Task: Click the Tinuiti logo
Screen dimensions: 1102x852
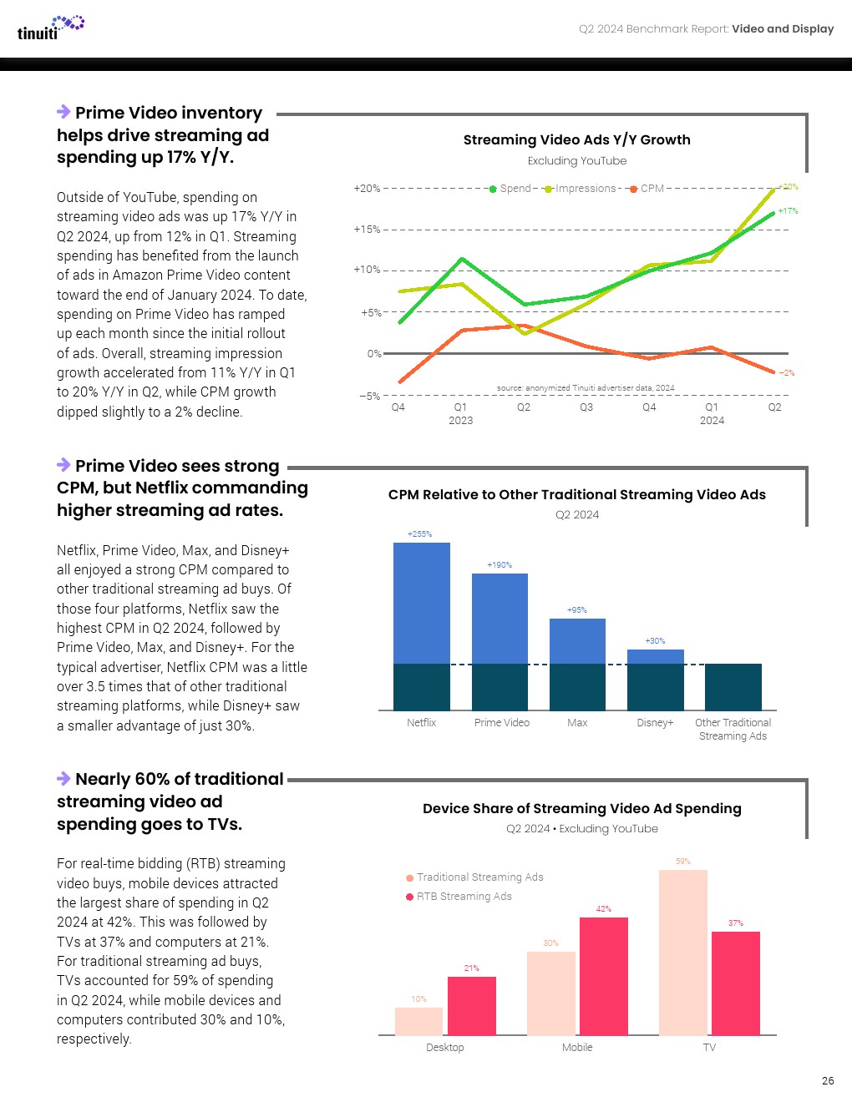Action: point(50,28)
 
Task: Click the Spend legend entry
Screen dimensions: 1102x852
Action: point(511,189)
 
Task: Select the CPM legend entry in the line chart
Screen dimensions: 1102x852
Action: point(648,189)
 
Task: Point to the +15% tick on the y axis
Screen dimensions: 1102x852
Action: point(367,229)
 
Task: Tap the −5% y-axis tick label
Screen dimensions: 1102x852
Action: point(369,396)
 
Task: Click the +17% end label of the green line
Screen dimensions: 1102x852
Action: point(788,211)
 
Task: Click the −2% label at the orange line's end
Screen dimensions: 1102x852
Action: point(787,373)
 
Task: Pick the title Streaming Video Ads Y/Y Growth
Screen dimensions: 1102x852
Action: point(576,139)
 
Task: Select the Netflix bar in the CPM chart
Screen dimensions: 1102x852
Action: point(422,626)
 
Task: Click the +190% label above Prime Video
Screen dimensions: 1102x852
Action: point(500,565)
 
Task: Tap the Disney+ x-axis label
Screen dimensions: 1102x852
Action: point(655,723)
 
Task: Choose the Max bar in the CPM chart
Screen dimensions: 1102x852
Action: point(577,664)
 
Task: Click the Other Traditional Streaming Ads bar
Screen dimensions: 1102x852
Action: point(733,686)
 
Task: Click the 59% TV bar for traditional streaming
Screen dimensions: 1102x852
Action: point(682,952)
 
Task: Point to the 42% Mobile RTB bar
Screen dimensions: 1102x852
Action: point(603,976)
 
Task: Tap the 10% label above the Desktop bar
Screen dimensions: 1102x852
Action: point(418,999)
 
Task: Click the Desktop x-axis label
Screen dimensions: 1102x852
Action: point(444,1048)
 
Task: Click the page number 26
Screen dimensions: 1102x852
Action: point(827,1080)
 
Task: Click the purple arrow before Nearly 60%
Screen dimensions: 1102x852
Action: point(63,779)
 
